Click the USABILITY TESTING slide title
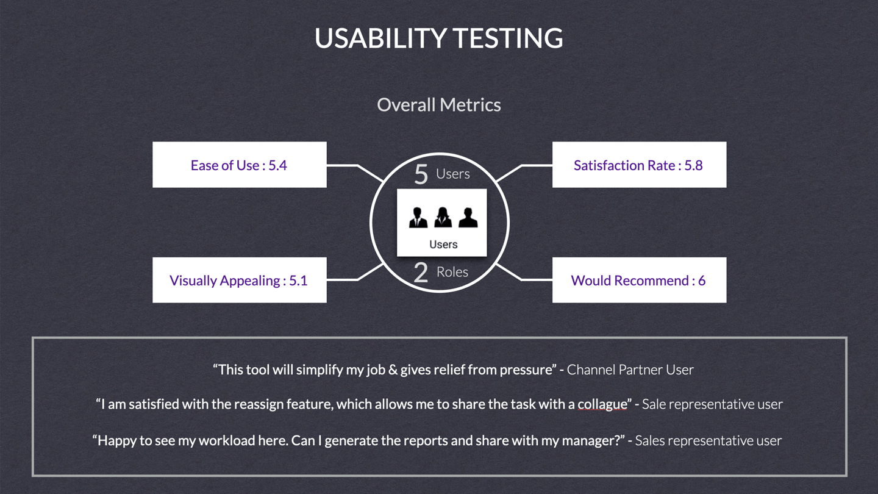tap(438, 38)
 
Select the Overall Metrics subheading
tap(438, 105)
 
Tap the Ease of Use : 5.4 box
tap(239, 165)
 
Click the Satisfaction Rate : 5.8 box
tap(638, 165)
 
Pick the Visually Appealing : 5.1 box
tap(239, 280)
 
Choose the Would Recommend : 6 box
tap(638, 280)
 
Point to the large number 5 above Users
tap(421, 174)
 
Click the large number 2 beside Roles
tap(421, 273)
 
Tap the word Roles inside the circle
tap(452, 272)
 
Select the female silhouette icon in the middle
tap(443, 217)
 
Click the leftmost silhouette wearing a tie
tap(418, 217)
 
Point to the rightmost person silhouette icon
tap(468, 217)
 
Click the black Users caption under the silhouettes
tap(443, 245)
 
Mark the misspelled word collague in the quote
tap(602, 404)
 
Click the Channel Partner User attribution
tap(630, 370)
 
